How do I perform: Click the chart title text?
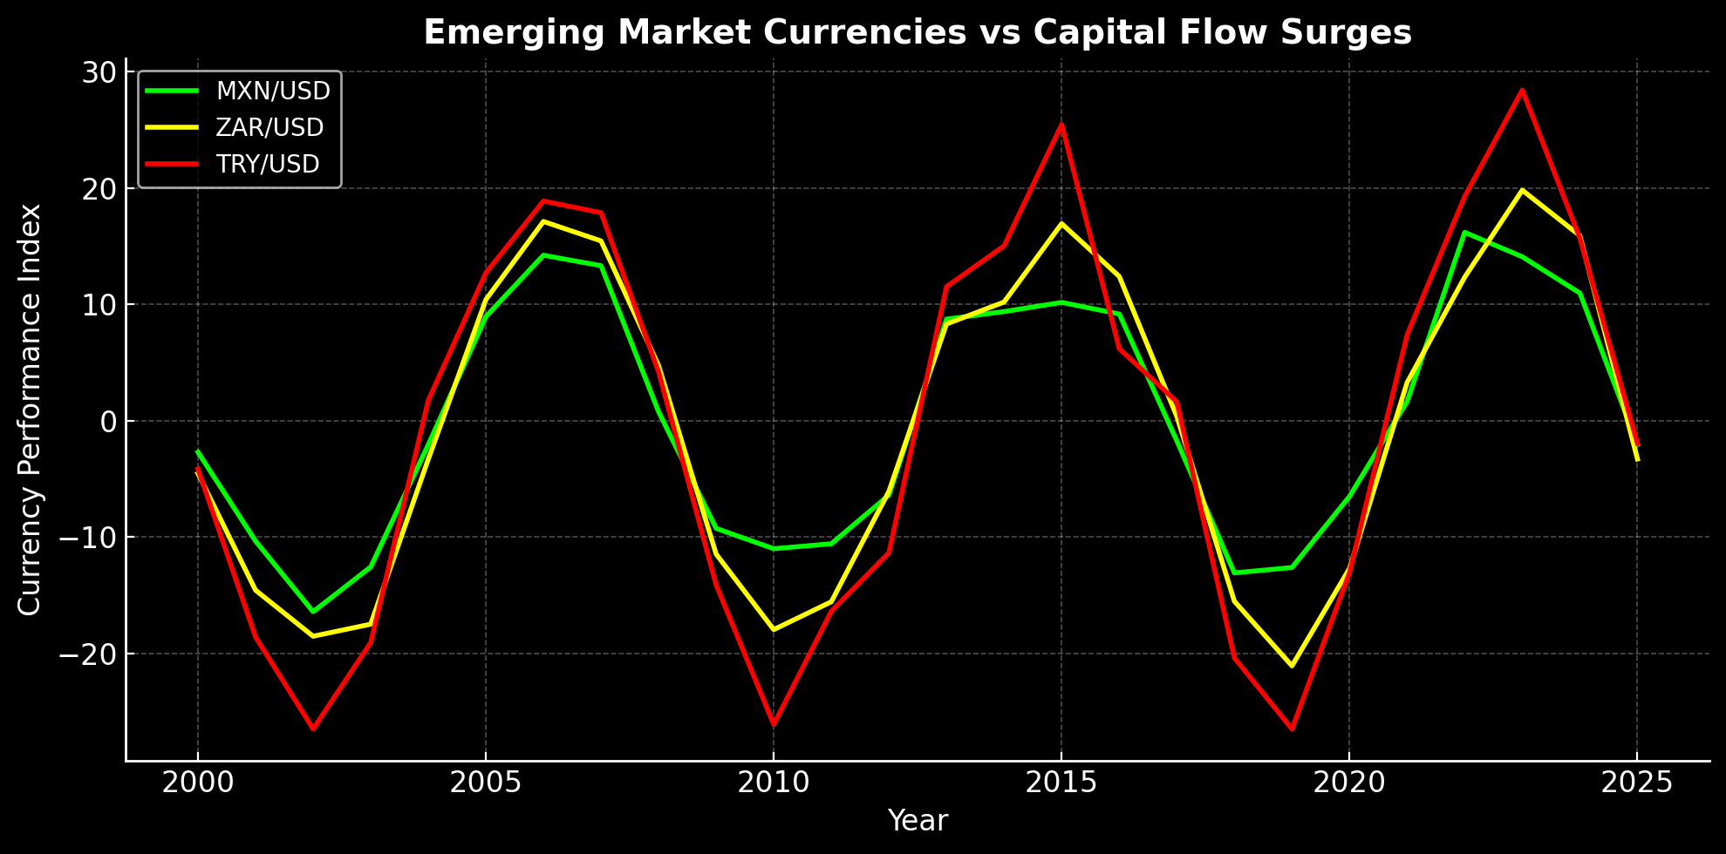(x=918, y=33)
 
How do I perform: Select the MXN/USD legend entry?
(x=272, y=91)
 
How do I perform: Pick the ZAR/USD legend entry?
(x=269, y=127)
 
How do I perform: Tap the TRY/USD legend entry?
(x=268, y=164)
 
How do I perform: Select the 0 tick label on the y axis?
(x=108, y=421)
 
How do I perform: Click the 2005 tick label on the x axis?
(x=485, y=783)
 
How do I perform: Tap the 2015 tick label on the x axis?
(x=1061, y=783)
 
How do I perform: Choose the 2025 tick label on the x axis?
(x=1636, y=783)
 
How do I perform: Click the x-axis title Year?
(x=918, y=821)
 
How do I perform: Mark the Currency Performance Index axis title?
(x=30, y=410)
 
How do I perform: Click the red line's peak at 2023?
(x=1522, y=90)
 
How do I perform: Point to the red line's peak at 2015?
(x=1061, y=124)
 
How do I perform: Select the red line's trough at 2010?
(x=773, y=725)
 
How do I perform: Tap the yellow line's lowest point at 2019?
(x=1292, y=667)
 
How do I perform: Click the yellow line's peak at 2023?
(x=1522, y=189)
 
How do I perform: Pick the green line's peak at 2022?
(x=1464, y=232)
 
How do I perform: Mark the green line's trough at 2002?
(x=312, y=612)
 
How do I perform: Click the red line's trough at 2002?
(x=312, y=729)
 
